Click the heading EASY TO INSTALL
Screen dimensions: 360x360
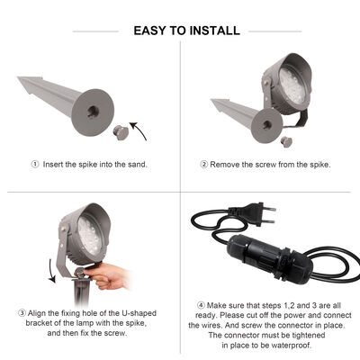click(186, 31)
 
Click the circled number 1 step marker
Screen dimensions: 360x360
click(35, 164)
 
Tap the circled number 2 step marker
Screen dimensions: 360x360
click(204, 164)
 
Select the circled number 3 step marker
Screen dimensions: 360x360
click(22, 312)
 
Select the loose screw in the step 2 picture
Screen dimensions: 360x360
click(286, 141)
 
